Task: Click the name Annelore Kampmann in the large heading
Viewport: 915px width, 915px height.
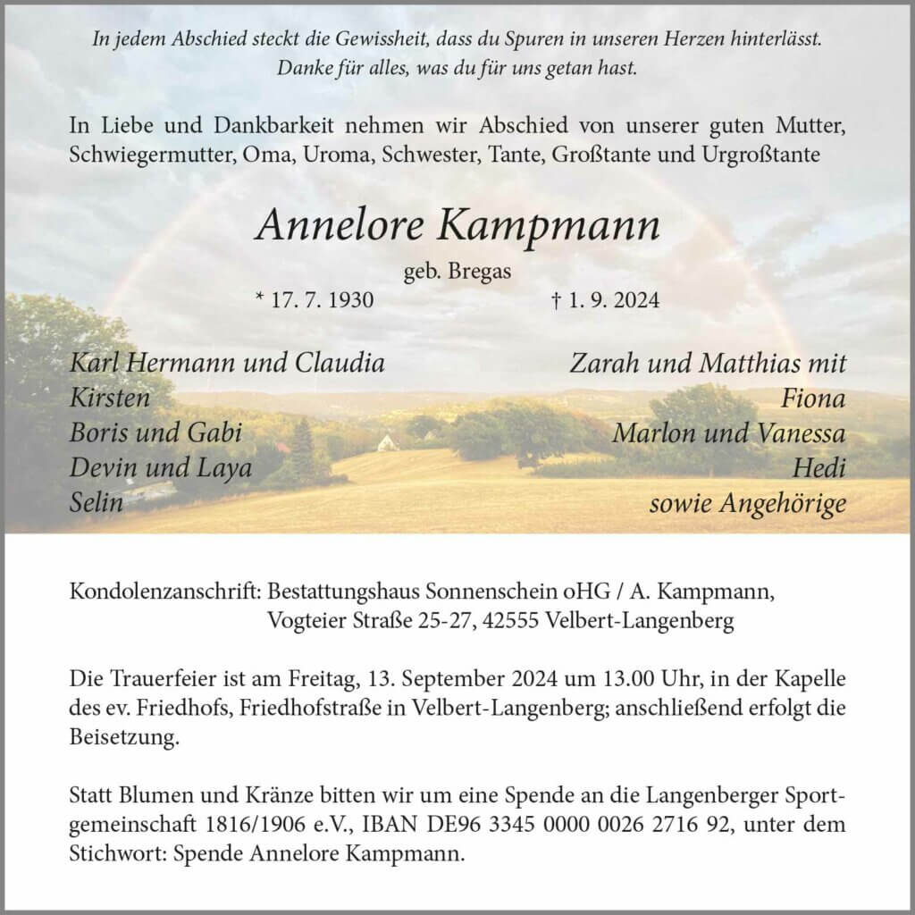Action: (457, 227)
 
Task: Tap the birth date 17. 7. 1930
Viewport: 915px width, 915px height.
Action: (314, 300)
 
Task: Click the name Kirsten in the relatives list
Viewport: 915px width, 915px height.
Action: (110, 399)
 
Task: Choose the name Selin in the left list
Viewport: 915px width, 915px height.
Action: (97, 503)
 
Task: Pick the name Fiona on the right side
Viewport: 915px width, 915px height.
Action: (812, 399)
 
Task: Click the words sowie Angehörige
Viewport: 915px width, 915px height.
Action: (748, 503)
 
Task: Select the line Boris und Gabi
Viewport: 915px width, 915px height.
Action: (156, 433)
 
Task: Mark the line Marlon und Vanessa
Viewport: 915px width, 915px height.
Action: (729, 433)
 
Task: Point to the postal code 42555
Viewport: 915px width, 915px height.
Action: (509, 621)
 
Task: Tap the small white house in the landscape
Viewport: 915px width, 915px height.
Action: (386, 441)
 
